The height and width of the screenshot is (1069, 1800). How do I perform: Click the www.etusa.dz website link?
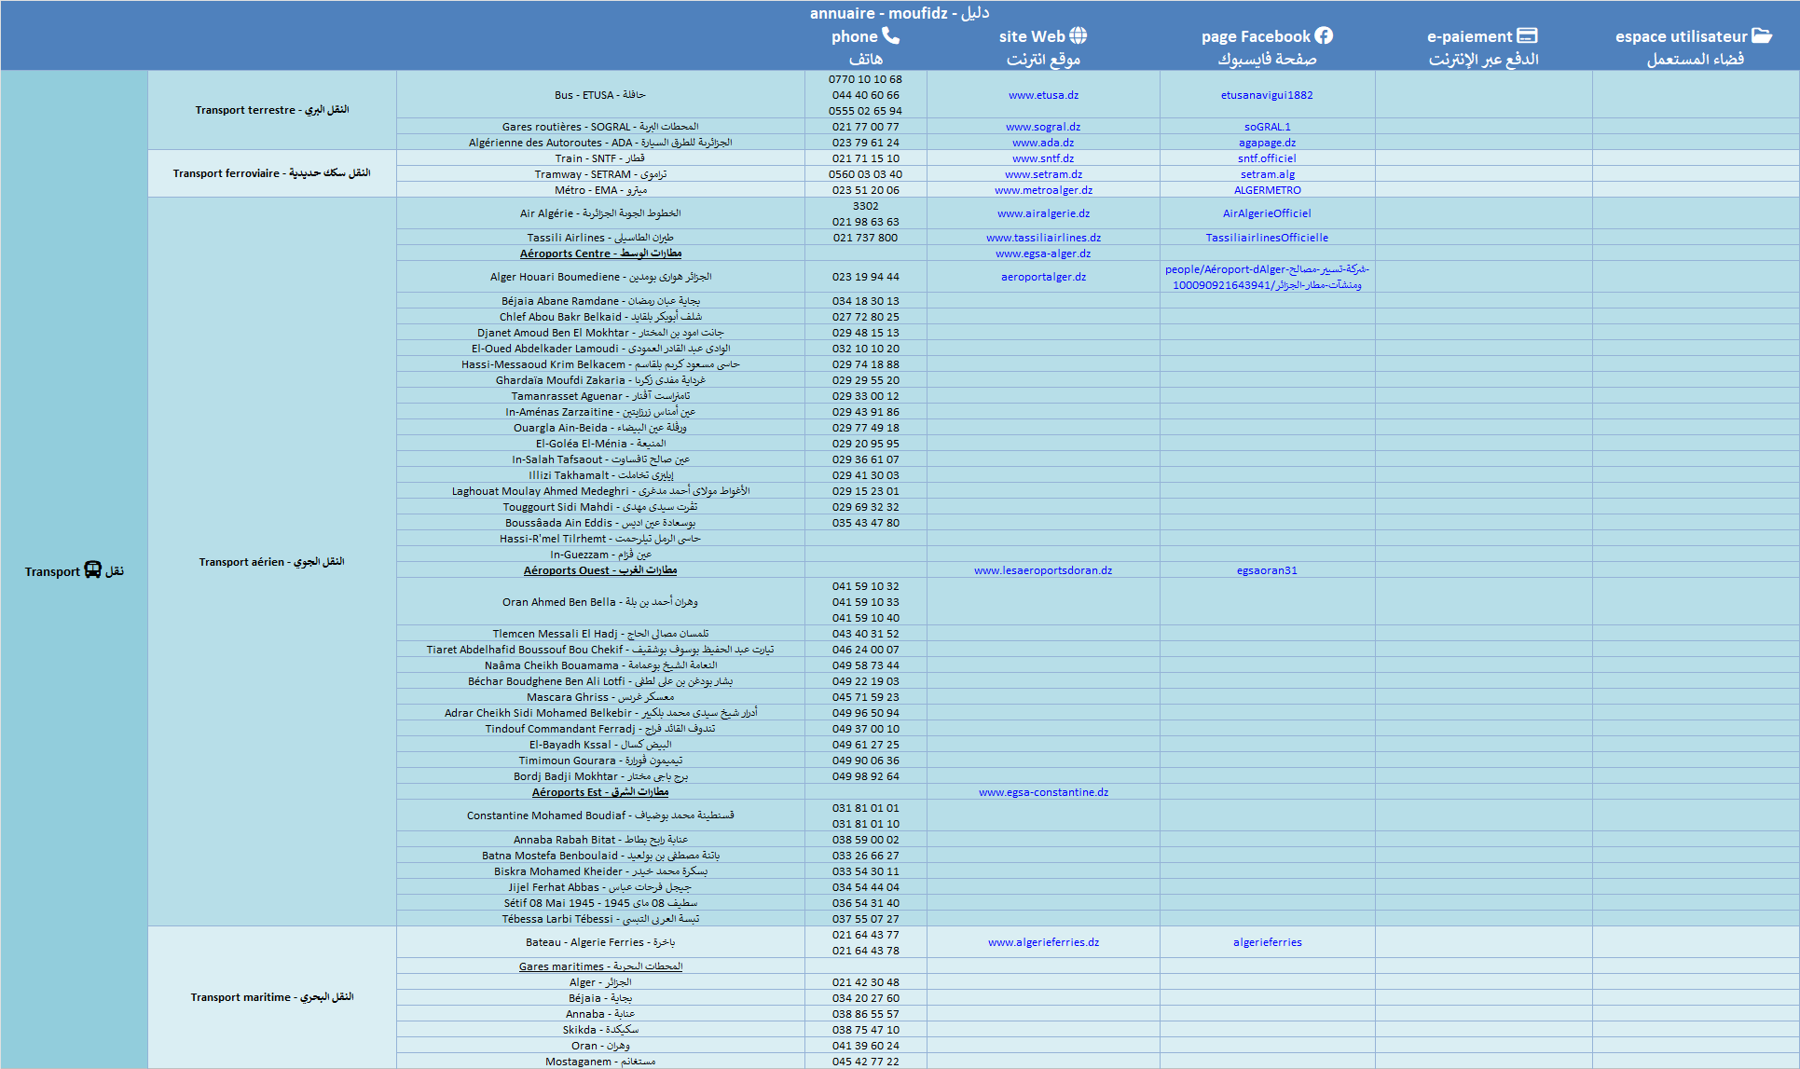[1043, 95]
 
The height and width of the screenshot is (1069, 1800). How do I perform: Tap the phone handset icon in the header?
[891, 35]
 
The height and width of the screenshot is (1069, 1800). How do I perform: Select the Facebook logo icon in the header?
[1324, 35]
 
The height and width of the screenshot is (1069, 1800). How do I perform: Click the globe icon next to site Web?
[1079, 35]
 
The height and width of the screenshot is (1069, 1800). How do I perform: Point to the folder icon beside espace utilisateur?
[1762, 35]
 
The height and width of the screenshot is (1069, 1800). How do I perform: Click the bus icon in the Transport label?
[92, 570]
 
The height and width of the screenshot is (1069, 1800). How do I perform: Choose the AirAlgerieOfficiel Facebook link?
[1267, 213]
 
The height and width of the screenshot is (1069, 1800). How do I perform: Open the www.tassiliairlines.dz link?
[1043, 238]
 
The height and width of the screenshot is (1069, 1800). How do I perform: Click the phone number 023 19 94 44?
[865, 277]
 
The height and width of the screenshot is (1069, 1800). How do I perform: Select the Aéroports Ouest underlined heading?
[599, 570]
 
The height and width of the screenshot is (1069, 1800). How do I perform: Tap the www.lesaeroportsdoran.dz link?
[1042, 570]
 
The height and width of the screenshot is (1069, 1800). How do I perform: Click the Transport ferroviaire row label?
[271, 173]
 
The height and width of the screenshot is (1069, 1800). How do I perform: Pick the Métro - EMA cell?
[600, 190]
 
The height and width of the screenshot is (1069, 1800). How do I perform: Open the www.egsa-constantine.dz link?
[1043, 792]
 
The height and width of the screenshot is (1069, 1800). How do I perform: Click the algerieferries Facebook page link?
[1267, 942]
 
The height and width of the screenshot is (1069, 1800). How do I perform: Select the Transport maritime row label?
[271, 997]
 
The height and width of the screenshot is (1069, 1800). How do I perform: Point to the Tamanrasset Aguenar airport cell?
[600, 396]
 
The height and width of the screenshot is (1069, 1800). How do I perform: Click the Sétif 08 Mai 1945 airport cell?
[600, 903]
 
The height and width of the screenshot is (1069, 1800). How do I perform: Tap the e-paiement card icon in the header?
[1527, 35]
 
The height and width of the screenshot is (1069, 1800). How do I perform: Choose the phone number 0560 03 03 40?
[865, 174]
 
